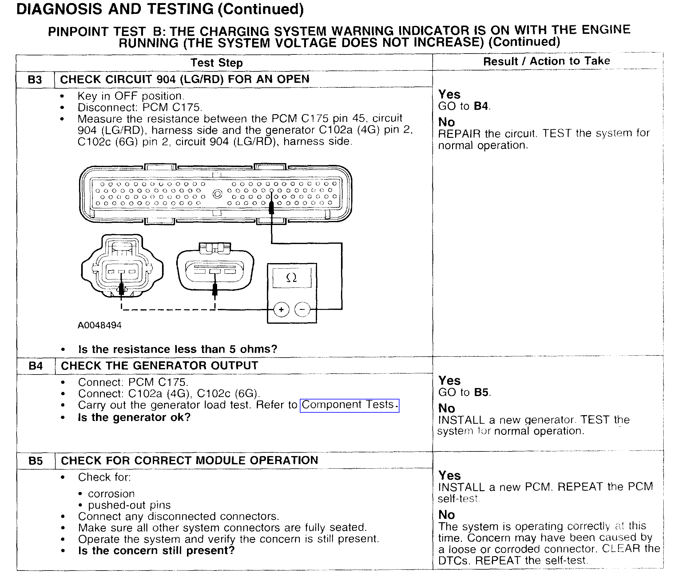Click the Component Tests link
(349, 405)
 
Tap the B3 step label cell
(35, 80)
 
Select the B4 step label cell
(36, 366)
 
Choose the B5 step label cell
(36, 461)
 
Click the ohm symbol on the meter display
(292, 278)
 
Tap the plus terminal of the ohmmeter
(281, 310)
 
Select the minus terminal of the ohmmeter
(302, 310)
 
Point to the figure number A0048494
(100, 325)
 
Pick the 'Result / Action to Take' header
(546, 61)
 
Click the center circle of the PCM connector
(217, 194)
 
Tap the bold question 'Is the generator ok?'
(134, 417)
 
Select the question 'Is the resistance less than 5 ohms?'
(178, 349)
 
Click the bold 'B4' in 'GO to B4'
(481, 106)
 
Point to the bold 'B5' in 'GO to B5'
(481, 392)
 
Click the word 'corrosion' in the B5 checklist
(111, 494)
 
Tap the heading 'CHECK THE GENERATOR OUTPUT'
(160, 366)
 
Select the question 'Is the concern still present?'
(156, 551)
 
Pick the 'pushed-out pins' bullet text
(129, 505)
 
